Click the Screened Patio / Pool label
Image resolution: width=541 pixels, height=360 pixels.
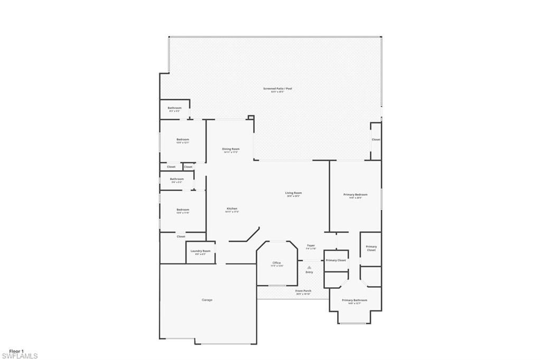277,89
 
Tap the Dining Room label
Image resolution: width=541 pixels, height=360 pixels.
231,149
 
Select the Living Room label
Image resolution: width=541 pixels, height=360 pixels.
293,193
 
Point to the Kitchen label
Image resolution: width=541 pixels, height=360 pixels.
232,209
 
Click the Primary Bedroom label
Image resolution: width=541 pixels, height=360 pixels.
355,195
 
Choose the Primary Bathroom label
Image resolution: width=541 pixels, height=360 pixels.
355,300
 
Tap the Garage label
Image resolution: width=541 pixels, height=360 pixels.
207,300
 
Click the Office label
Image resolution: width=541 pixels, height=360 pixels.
276,263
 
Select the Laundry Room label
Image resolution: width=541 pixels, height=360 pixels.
200,251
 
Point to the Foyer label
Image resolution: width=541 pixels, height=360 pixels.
311,245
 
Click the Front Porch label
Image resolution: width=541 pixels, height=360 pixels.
303,291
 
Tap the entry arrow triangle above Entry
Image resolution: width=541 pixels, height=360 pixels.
309,267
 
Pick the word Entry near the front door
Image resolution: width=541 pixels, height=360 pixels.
309,272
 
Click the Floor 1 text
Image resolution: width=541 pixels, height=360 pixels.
16,350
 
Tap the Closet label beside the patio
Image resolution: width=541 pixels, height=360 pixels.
376,140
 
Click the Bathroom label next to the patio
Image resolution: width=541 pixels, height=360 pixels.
174,108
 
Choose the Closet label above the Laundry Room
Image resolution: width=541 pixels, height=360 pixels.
181,236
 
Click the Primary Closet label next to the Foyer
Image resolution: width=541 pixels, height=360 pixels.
335,260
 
